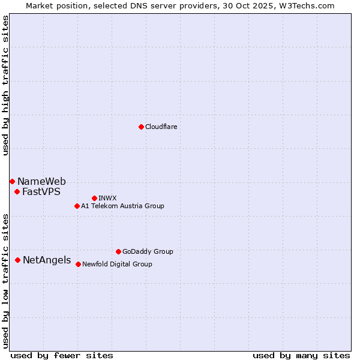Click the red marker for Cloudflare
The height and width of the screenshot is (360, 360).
point(141,127)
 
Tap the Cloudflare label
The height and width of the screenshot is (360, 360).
point(161,127)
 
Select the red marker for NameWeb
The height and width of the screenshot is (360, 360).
point(12,181)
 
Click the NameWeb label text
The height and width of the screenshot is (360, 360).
point(41,182)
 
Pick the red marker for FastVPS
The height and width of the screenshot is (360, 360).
point(17,192)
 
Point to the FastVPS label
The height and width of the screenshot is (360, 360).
point(41,192)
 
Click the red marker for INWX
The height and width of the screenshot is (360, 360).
point(94,198)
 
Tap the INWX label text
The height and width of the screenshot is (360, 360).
point(107,198)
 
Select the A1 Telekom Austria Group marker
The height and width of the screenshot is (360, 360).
point(77,206)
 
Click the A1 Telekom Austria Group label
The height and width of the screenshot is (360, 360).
point(122,206)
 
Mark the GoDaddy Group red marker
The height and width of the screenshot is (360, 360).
point(118,251)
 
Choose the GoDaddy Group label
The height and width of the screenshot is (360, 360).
point(148,252)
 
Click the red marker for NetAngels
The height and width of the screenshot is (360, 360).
point(18,260)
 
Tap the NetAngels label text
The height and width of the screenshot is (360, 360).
point(47,260)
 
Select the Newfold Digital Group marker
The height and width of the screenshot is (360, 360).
point(78,264)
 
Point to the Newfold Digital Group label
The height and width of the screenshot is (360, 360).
point(117,264)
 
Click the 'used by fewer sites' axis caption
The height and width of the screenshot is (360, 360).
point(62,355)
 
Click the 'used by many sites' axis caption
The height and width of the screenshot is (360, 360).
point(301,355)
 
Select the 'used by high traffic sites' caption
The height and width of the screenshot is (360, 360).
point(5,85)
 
